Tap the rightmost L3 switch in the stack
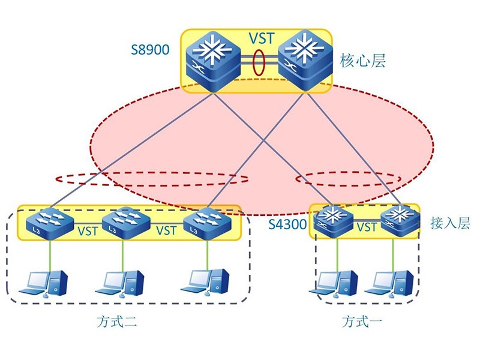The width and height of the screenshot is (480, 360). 207,222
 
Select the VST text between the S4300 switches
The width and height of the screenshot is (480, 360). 367,227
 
